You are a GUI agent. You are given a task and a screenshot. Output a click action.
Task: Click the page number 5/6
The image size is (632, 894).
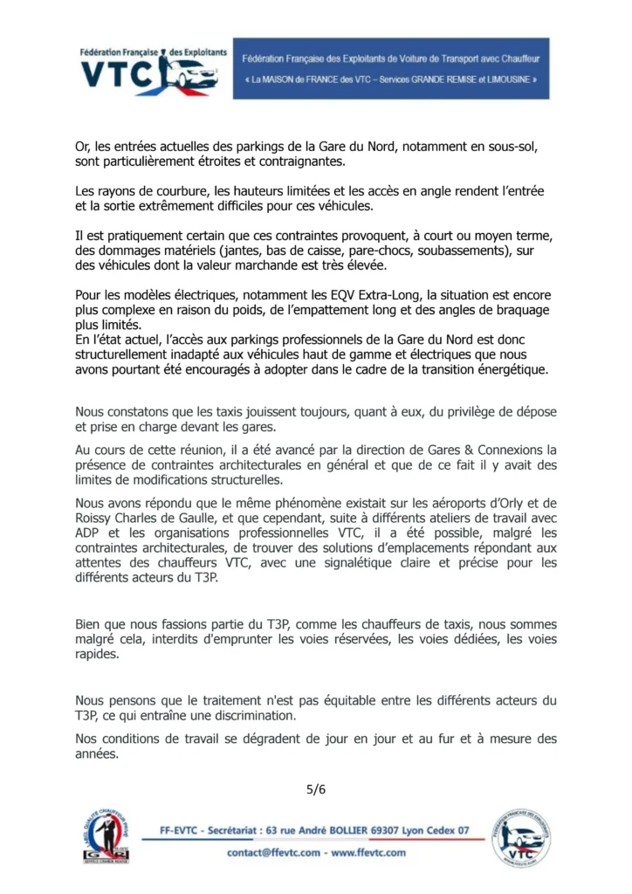tap(315, 790)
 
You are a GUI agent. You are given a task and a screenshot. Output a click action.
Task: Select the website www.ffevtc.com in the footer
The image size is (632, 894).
tap(368, 852)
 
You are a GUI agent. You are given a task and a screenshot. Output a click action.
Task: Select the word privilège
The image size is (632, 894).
tap(477, 412)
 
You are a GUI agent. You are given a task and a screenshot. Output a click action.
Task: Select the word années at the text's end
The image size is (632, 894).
tap(96, 753)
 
